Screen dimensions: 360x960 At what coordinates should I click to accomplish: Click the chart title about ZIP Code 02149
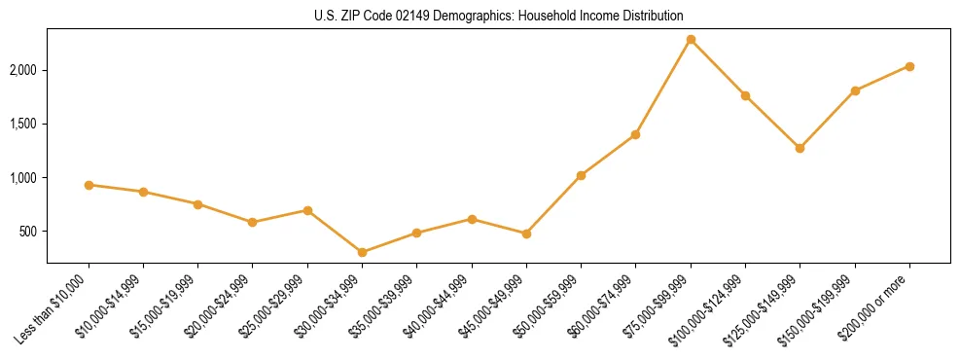tap(499, 16)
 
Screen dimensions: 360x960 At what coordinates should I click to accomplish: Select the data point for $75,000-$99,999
tap(691, 39)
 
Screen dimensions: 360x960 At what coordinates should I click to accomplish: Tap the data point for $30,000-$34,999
tap(362, 252)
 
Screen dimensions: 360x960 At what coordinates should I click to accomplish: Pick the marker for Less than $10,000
tap(89, 185)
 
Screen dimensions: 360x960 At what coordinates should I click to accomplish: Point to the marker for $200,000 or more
tap(909, 66)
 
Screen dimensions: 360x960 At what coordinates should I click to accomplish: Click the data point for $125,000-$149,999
tap(800, 148)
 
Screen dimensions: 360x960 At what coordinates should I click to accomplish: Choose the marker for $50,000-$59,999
tap(581, 175)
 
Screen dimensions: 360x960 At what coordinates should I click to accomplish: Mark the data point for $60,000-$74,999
tap(635, 134)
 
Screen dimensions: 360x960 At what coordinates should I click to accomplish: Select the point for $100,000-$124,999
tap(745, 95)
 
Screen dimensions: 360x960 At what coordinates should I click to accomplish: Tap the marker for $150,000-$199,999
tap(855, 90)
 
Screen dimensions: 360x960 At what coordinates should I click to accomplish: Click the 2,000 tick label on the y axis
tap(22, 70)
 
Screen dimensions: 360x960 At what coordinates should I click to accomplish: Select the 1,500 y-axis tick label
tap(22, 124)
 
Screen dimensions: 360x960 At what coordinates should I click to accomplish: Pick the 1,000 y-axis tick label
tap(22, 178)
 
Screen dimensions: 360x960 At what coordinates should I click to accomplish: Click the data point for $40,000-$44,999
tap(472, 219)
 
